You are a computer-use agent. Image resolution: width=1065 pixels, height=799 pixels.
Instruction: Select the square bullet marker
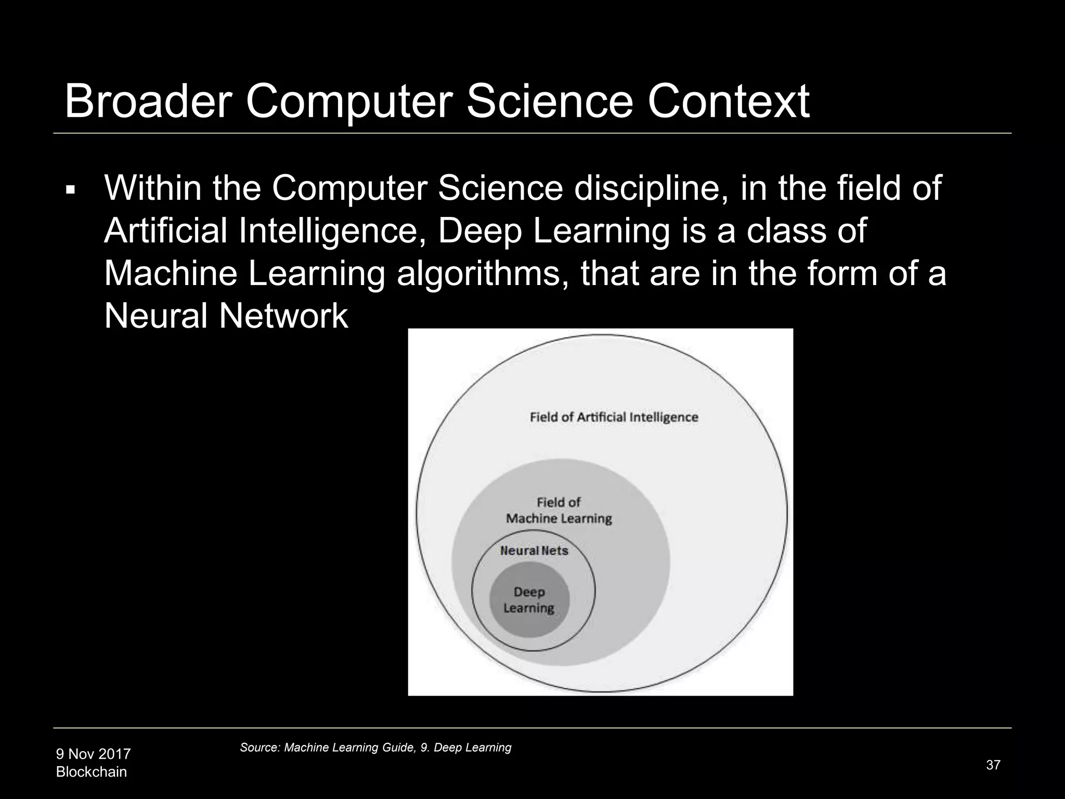[x=70, y=190]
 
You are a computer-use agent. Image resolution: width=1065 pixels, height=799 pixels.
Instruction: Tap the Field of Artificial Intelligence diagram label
[x=614, y=417]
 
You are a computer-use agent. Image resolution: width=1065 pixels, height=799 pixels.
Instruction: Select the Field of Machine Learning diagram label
[x=559, y=510]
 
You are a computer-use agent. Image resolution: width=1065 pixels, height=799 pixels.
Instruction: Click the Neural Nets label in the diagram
[x=534, y=550]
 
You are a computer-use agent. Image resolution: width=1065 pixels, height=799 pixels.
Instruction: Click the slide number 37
[x=993, y=765]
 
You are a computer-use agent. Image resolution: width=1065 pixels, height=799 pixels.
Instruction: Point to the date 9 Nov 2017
[x=94, y=754]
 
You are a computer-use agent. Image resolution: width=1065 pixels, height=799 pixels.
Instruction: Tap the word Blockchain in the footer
[x=92, y=772]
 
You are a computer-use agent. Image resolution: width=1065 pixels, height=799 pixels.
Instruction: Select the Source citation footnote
[x=375, y=748]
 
